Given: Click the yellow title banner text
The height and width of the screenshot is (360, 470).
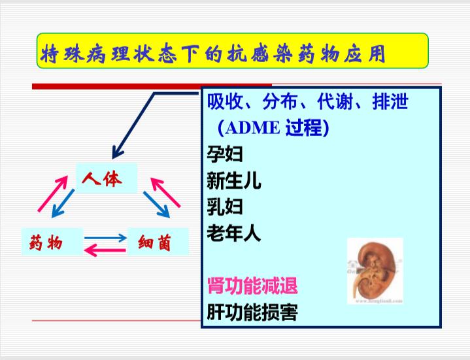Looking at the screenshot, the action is point(213,54).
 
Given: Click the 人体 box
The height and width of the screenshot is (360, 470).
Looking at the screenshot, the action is point(107,178).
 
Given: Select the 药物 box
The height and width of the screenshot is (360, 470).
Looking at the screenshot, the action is point(52,242).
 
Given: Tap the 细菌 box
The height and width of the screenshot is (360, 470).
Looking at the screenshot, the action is point(158,242).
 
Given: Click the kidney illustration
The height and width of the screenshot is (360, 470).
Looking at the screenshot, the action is point(375,271).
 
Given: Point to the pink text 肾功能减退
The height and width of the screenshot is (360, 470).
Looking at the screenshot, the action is point(252,286).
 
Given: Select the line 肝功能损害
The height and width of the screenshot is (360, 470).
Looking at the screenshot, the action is point(252,312).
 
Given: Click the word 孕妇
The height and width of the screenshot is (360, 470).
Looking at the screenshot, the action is point(225,154).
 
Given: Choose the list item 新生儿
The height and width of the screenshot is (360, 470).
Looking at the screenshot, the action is point(234,180).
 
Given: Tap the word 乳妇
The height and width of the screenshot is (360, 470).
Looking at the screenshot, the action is point(225,206).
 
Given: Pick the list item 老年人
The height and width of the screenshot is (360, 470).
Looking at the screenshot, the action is point(234,233).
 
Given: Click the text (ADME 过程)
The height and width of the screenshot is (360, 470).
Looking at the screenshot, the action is point(273,128).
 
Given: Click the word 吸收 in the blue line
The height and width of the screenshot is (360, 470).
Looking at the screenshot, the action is point(225,101).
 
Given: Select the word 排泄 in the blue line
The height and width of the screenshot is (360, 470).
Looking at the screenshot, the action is point(390,101).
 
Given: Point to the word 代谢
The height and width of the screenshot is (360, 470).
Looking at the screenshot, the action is point(335,101).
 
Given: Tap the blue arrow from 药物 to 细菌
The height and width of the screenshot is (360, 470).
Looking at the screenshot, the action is point(105,238).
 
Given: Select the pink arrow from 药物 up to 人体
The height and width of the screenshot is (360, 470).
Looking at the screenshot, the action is point(53,194).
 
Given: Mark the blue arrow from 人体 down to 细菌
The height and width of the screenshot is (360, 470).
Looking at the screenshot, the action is point(156,205).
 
